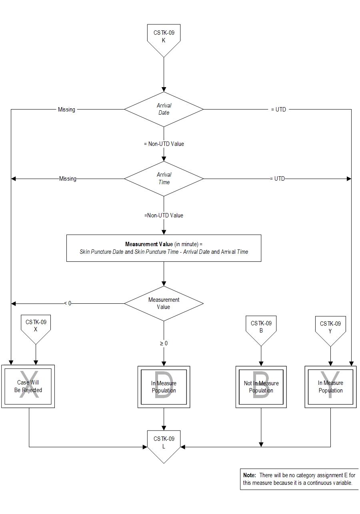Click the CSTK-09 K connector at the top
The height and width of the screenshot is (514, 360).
tap(164, 38)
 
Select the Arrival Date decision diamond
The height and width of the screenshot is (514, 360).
tap(164, 109)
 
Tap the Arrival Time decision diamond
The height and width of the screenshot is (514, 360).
tap(164, 179)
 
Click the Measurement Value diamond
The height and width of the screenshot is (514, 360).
tap(164, 303)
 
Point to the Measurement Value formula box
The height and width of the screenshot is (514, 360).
tap(164, 248)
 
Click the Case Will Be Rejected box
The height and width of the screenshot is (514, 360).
tap(28, 386)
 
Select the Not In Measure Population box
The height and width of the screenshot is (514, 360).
tap(261, 387)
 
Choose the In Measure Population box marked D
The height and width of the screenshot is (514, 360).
tap(164, 387)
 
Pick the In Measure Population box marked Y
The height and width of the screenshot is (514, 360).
tap(330, 387)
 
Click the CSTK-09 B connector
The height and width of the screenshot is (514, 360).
tap(261, 329)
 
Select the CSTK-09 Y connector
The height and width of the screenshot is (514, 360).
tap(330, 329)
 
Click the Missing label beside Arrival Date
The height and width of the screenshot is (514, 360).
tap(66, 110)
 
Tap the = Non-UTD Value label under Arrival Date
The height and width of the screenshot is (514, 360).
tap(164, 144)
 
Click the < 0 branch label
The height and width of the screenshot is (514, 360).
tap(68, 303)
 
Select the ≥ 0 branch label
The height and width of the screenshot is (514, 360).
tap(164, 343)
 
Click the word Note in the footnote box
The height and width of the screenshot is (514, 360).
tap(249, 475)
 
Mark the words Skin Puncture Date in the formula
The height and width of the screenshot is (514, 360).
tap(102, 252)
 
